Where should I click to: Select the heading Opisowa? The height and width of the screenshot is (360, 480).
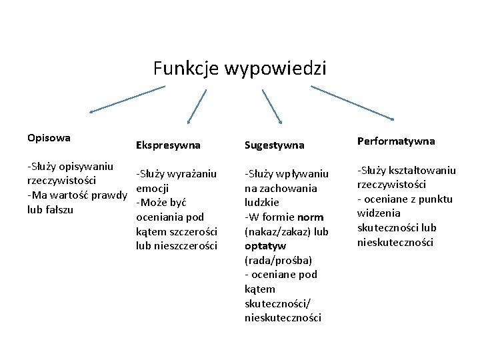tap(50, 138)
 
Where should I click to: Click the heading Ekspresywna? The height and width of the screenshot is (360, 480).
tap(168, 145)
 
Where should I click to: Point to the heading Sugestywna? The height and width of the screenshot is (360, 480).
tap(275, 145)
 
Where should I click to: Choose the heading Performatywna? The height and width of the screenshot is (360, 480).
tap(396, 141)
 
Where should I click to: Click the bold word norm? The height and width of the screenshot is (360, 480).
tap(311, 217)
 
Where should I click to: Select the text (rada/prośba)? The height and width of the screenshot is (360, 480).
tap(278, 260)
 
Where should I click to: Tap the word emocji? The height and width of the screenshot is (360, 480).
tap(153, 189)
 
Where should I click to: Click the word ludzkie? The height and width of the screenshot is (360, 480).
tap(263, 202)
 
